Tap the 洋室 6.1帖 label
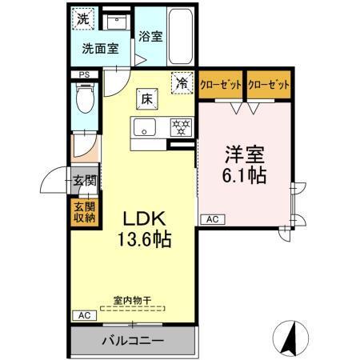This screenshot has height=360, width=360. tap(244, 164)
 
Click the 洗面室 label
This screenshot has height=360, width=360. tap(100, 48)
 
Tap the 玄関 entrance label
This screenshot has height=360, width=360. tap(85, 182)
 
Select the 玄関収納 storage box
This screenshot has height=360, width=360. tap(85, 210)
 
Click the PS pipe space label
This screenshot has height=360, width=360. tap(84, 75)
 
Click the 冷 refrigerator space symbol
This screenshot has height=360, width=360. tap(182, 82)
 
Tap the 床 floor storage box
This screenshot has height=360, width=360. tap(147, 99)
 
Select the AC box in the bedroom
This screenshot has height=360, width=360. tap(212, 218)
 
